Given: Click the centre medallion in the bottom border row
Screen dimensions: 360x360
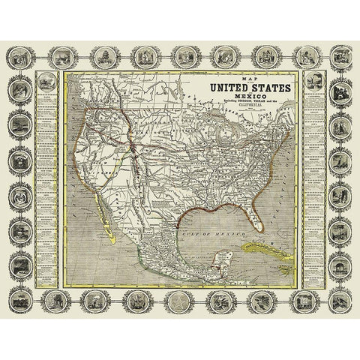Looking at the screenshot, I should point(180,301).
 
